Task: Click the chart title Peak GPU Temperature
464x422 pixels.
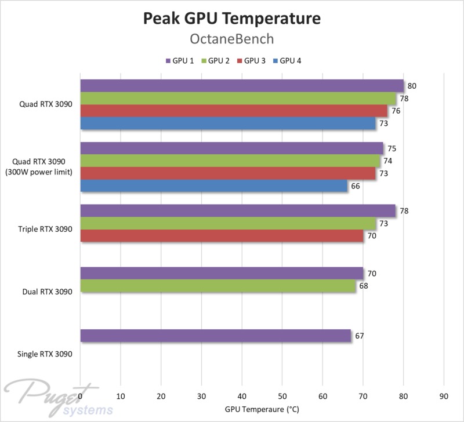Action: pyautogui.click(x=231, y=19)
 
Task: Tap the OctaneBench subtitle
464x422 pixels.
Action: pyautogui.click(x=231, y=39)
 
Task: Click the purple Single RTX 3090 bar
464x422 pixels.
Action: pyautogui.click(x=216, y=336)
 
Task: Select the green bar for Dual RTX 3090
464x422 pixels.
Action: pyautogui.click(x=218, y=286)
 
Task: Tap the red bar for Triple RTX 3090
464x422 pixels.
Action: pyautogui.click(x=222, y=236)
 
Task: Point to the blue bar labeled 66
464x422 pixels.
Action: pyautogui.click(x=214, y=186)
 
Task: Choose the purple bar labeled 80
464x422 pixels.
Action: pyautogui.click(x=242, y=86)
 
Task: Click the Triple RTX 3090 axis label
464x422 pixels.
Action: pyautogui.click(x=45, y=230)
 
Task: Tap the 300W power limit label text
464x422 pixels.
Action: pyautogui.click(x=41, y=172)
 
